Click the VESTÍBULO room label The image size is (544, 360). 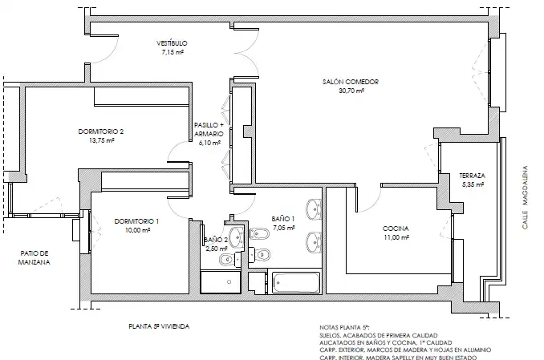tap(172, 43)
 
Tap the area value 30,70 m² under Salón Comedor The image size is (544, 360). tap(351, 91)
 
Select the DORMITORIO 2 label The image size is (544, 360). tap(101, 131)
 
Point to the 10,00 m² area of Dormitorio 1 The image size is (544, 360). tap(137, 230)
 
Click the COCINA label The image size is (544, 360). tap(396, 229)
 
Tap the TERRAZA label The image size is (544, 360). tap(472, 176)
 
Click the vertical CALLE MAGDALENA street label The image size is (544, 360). tap(526, 197)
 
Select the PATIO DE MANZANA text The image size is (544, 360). tap(34, 257)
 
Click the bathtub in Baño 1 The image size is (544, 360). tap(296, 282)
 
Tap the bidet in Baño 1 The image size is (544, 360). tap(259, 234)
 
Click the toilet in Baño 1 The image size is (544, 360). tap(260, 255)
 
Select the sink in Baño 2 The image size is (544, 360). tap(237, 237)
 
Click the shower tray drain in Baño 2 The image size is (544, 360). tap(229, 282)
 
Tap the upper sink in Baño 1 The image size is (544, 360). tap(314, 209)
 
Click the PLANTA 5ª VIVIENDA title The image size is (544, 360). tap(159, 326)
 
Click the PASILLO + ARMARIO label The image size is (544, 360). tap(209, 129)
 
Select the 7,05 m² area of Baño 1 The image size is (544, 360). tap(284, 228)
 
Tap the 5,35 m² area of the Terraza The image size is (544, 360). tap(473, 185)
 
